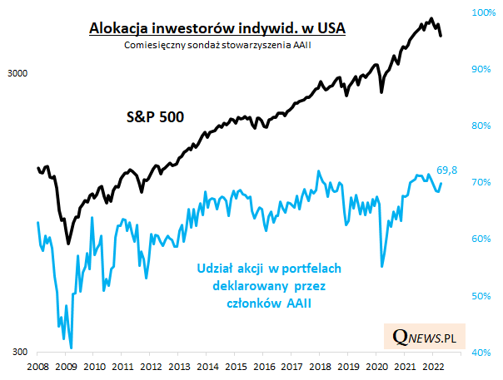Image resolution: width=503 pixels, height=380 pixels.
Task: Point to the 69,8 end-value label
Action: point(447,170)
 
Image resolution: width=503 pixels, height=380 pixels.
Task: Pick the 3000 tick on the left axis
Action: point(17,74)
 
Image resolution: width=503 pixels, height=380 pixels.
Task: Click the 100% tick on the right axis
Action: point(484,13)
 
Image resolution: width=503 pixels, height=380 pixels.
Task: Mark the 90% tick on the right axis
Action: point(484,69)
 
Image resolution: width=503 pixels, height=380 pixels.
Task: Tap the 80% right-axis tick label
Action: point(484,126)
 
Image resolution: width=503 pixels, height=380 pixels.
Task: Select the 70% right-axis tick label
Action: point(484,182)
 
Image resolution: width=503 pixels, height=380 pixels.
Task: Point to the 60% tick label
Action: point(484,239)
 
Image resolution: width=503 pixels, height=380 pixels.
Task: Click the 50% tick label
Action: point(484,296)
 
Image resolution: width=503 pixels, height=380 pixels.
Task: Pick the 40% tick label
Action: point(484,353)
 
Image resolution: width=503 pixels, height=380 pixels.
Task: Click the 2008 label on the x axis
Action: point(38,367)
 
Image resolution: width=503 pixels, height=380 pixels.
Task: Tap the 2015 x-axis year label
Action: point(236,367)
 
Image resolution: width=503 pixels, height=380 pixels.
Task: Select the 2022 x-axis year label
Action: point(433,367)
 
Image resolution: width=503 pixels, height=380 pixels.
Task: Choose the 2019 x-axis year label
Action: point(349,367)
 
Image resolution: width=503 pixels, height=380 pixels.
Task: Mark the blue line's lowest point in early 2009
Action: point(71,348)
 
